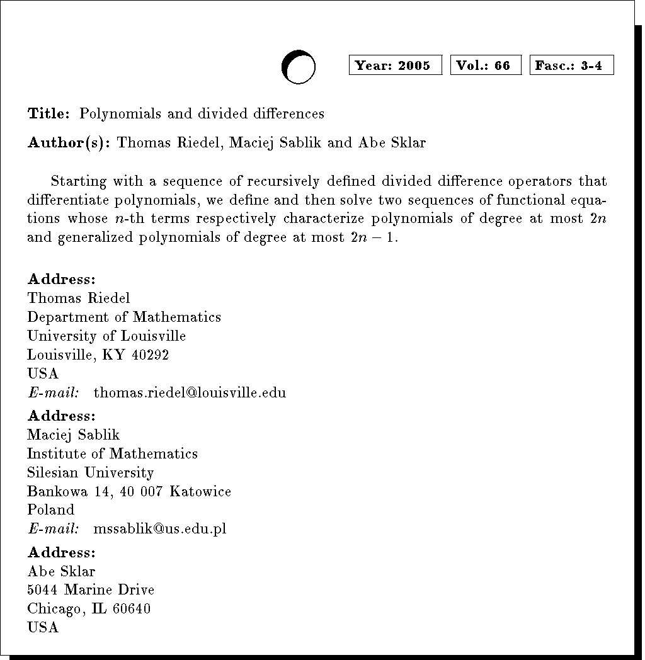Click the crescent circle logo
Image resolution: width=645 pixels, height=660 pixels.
pos(298,67)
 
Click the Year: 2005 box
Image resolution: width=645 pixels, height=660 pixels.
pos(395,65)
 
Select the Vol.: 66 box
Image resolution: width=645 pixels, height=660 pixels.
pos(485,65)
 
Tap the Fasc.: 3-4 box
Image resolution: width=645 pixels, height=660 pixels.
pos(571,65)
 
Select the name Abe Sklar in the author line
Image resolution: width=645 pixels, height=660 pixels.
pos(392,143)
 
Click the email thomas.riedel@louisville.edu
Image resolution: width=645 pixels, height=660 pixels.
pos(190,393)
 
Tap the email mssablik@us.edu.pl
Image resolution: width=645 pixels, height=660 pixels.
pos(159,529)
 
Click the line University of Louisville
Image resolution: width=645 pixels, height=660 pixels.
pos(106,336)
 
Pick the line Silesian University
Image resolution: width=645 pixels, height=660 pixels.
pos(90,472)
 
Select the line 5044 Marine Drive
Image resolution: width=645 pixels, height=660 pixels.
pos(91,590)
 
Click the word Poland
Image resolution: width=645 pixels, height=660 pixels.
pos(50,509)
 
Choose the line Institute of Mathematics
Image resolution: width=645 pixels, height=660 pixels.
pos(112,453)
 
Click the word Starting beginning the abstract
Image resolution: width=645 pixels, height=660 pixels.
pos(79,182)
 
